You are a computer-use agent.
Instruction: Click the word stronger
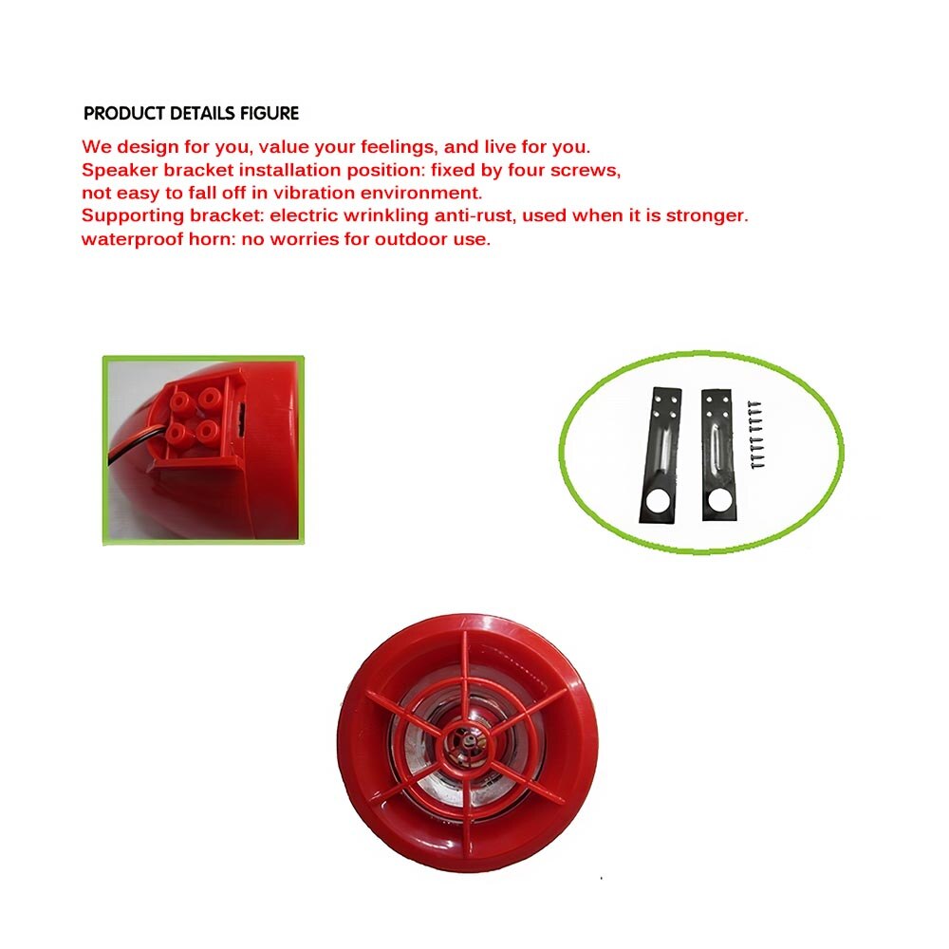pyautogui.click(x=705, y=216)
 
